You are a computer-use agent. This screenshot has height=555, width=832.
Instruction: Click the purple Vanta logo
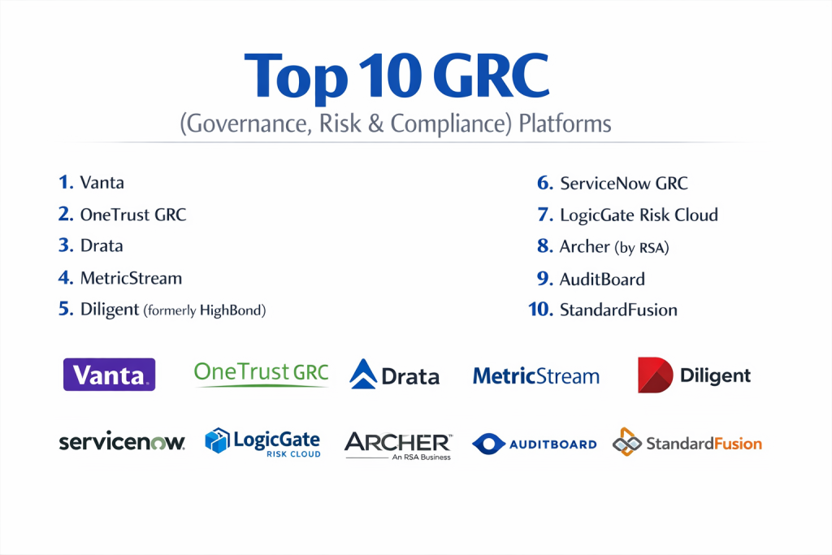coord(110,375)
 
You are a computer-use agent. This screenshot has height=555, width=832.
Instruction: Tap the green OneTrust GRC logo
coord(261,374)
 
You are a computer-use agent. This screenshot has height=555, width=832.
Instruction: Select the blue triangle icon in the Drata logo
coord(363,374)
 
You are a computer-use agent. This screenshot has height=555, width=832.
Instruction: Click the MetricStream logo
coord(536,375)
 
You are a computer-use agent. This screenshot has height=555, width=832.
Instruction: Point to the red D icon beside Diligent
coord(655,375)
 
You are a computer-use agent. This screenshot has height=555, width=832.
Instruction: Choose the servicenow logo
coord(122,442)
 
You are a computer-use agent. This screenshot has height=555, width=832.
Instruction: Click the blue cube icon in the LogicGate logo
coord(217,440)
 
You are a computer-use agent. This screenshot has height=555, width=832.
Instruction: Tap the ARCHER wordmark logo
coord(398,445)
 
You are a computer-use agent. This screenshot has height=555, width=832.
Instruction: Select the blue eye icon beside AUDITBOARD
coord(488,444)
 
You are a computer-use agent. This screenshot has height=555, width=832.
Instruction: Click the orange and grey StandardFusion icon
coord(626,442)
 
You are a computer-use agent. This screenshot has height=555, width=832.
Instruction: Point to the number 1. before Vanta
coord(66,182)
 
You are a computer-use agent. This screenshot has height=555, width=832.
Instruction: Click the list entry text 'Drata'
coord(102,245)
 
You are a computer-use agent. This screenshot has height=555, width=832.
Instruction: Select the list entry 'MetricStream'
coord(131,278)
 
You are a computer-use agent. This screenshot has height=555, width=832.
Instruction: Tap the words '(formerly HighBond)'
coord(205,310)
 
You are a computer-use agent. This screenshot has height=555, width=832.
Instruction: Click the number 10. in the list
coord(540,310)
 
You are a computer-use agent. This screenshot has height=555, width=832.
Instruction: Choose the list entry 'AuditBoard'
coord(602,279)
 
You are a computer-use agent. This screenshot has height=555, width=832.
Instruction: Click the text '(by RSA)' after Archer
coord(642,247)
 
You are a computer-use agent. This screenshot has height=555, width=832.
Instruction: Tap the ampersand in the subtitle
coord(375,124)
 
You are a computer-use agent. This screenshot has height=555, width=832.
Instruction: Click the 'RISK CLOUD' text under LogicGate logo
coord(293,454)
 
